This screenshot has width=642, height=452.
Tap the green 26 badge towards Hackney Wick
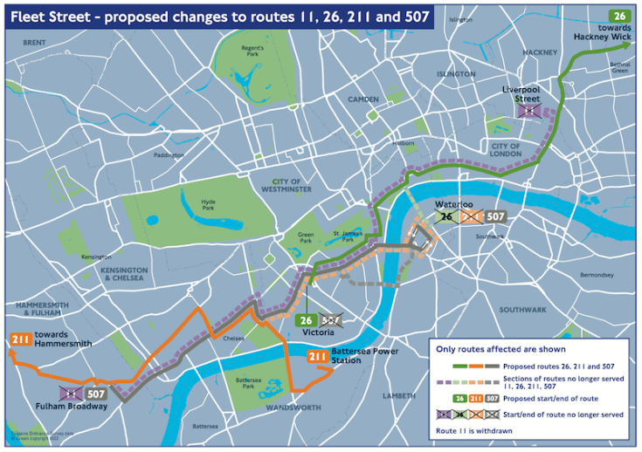pos(619,16)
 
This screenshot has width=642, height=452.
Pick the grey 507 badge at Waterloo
pos(495,216)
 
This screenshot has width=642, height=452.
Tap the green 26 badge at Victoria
pos(307,321)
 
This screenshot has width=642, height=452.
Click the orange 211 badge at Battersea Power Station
pos(317,355)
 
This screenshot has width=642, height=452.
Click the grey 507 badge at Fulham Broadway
pos(97,394)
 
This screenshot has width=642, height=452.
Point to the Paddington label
pos(170,155)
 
